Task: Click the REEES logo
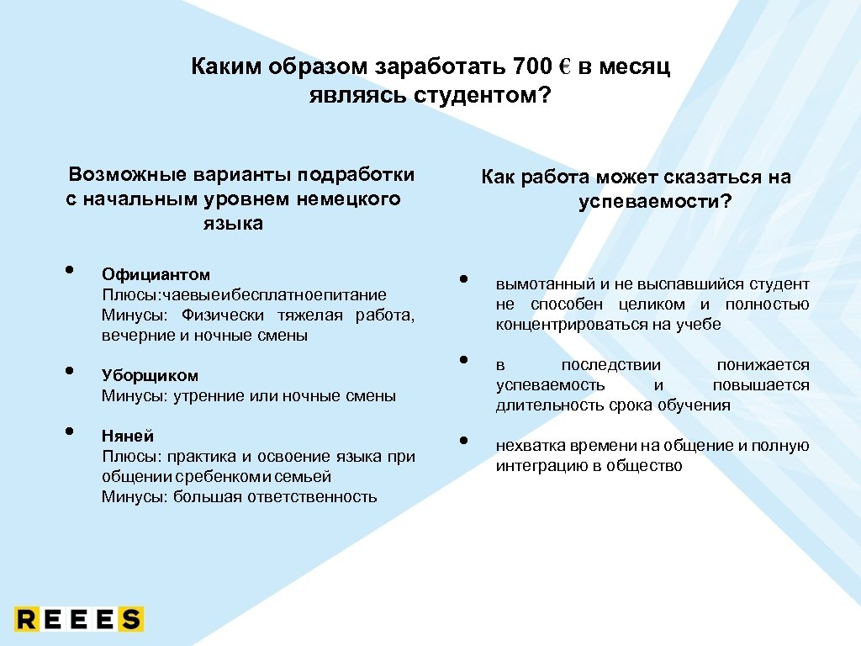(x=79, y=619)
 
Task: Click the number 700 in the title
(x=531, y=66)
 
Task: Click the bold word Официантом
(x=156, y=274)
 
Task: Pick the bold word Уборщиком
(x=150, y=375)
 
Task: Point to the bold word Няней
(x=128, y=436)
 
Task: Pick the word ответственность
(x=312, y=496)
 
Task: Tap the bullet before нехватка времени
(x=463, y=442)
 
